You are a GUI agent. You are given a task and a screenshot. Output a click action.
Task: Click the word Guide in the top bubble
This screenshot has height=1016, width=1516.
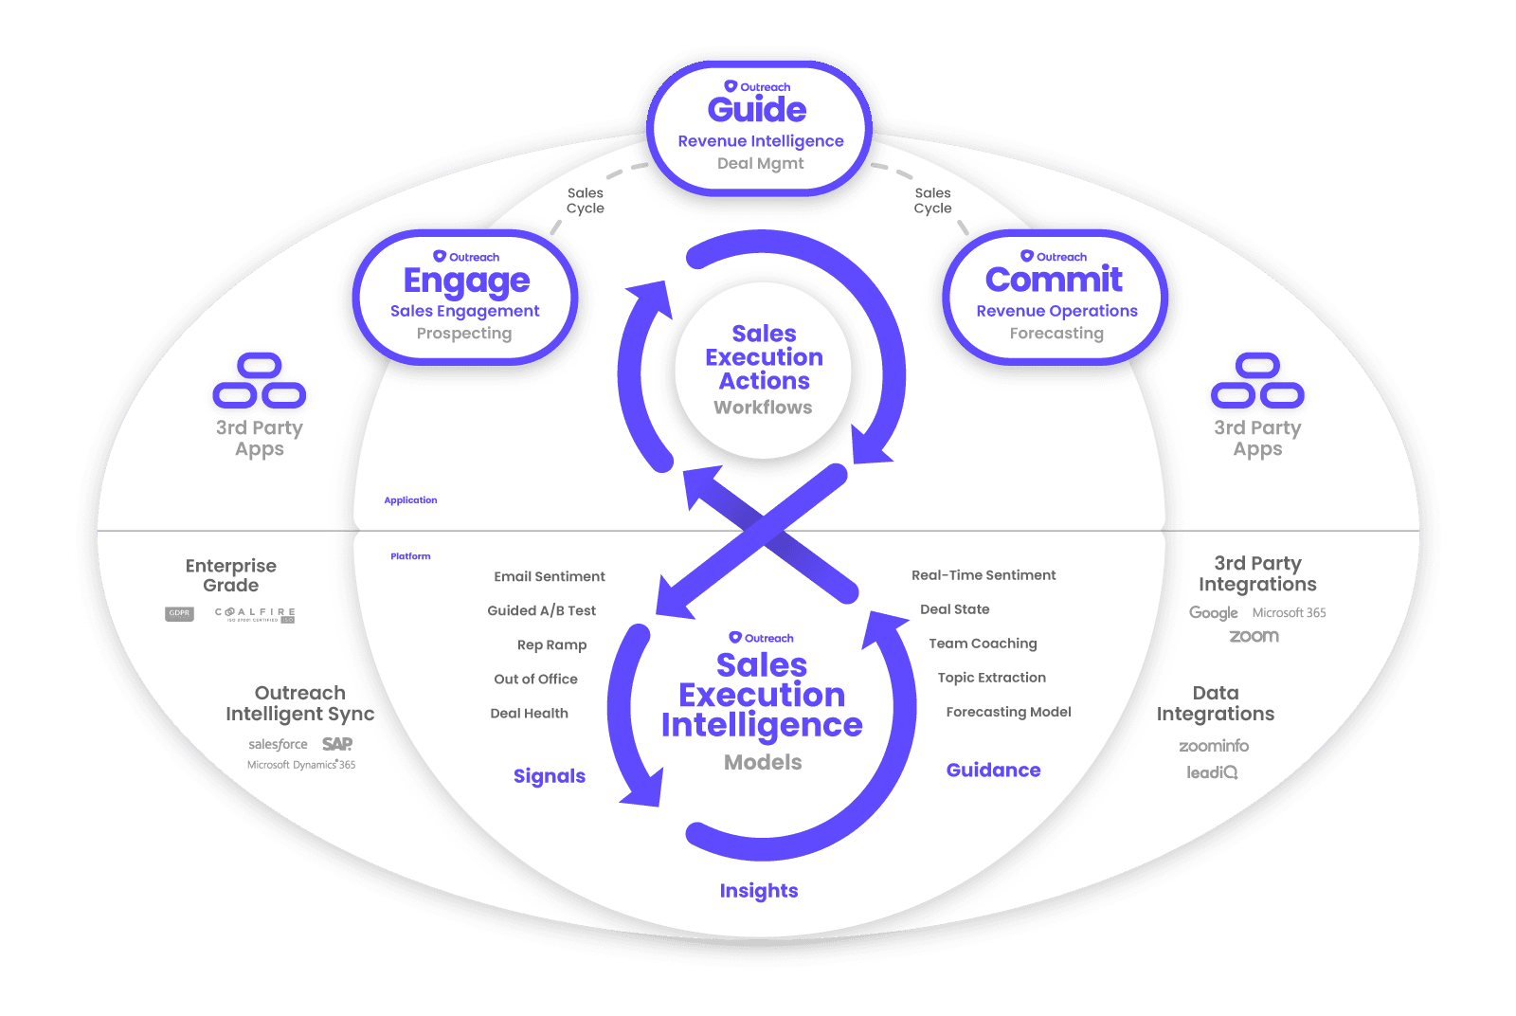tap(757, 110)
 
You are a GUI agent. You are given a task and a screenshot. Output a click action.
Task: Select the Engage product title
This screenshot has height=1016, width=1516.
tap(466, 281)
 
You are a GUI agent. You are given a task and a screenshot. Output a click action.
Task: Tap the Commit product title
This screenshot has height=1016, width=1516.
tap(1054, 280)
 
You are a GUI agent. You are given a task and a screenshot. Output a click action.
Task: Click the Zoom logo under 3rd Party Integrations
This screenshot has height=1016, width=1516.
tap(1254, 637)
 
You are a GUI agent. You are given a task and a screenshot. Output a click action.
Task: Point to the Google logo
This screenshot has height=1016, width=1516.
tap(1213, 613)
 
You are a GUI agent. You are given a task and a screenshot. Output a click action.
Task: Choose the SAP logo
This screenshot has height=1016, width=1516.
tap(336, 744)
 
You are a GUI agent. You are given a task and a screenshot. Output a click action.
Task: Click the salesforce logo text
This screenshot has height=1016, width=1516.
tap(278, 745)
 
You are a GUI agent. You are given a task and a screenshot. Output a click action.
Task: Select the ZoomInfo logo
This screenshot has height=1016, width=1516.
tap(1214, 746)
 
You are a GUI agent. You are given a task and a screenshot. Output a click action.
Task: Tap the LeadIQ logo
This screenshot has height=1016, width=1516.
tap(1212, 772)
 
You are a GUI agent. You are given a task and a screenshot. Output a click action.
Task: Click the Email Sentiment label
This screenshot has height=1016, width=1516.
tap(550, 576)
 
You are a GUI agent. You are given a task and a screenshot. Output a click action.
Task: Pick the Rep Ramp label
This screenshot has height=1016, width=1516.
tap(551, 645)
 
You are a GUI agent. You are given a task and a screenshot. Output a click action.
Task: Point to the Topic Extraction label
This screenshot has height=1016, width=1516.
tap(991, 678)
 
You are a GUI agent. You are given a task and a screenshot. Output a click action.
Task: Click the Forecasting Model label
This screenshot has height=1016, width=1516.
tap(1008, 712)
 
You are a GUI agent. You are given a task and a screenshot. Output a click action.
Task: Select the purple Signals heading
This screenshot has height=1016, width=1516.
tap(550, 776)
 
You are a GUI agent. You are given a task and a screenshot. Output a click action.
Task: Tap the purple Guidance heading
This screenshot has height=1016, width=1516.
tap(993, 771)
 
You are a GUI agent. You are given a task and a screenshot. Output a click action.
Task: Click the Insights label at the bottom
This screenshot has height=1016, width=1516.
tap(759, 891)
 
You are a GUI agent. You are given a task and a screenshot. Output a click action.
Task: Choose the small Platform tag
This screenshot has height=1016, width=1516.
tap(410, 556)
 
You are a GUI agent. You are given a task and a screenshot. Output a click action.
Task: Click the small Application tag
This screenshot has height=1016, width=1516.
tap(410, 500)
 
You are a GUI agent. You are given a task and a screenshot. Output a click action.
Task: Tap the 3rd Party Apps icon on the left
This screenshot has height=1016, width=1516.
tap(259, 381)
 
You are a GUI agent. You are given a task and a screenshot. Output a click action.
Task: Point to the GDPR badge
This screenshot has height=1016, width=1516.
tap(179, 614)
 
